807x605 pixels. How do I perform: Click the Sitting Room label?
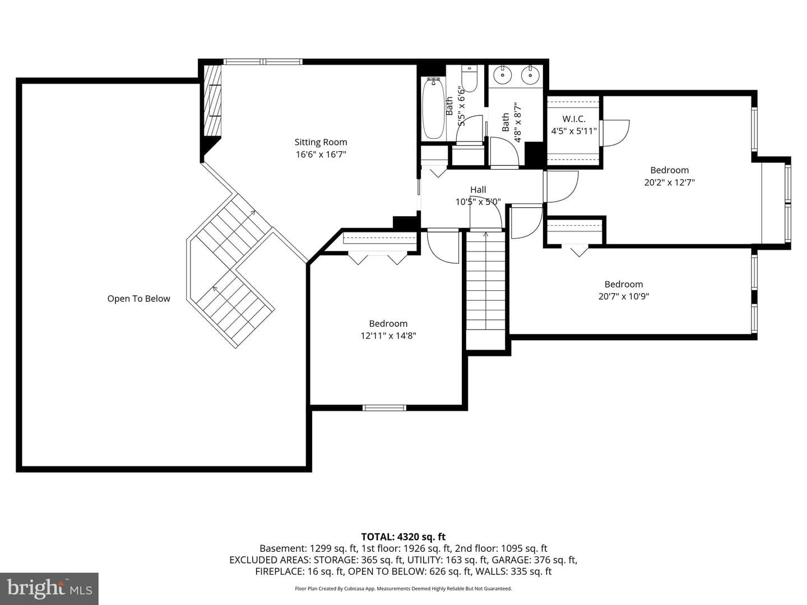click(321, 142)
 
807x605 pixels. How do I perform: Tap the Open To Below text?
click(138, 299)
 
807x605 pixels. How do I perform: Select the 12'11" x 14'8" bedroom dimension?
click(388, 336)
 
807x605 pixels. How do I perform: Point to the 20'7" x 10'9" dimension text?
click(624, 296)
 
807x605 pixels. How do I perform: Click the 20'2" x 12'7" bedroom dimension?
click(669, 183)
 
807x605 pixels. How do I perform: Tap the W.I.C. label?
click(573, 119)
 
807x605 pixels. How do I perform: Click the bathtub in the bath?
click(433, 108)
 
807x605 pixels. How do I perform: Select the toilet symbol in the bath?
click(469, 78)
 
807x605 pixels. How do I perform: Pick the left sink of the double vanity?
click(501, 75)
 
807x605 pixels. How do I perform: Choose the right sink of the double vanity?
click(530, 75)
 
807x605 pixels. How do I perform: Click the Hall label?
click(478, 189)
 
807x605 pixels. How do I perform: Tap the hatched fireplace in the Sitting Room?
click(212, 101)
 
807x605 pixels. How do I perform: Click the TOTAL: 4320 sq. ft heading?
click(403, 537)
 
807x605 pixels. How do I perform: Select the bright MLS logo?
click(49, 588)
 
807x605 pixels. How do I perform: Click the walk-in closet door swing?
click(614, 133)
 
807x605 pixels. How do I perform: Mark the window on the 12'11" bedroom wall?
click(384, 408)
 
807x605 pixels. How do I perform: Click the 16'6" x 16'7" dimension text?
click(321, 154)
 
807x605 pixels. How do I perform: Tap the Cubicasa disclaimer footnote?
click(403, 588)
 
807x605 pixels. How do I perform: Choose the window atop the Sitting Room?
click(263, 62)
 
